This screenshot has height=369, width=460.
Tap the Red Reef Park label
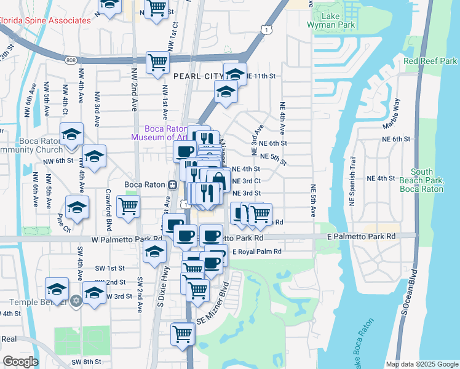coord(430,61)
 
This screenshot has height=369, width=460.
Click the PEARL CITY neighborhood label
coord(197,76)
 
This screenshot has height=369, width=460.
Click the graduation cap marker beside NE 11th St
coord(235,74)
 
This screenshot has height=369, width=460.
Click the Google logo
coord(21,362)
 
